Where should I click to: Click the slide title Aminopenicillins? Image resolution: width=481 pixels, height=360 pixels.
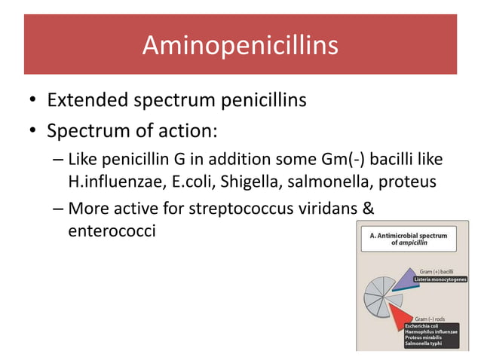point(240,46)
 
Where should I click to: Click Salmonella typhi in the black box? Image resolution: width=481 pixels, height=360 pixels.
point(424,343)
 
